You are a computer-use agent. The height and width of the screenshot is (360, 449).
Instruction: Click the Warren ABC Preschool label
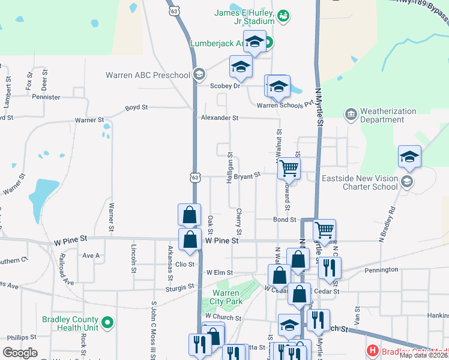(148, 75)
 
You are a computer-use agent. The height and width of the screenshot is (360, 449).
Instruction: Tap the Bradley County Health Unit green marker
(107, 323)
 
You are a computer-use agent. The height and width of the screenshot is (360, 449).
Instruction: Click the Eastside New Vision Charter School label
(360, 182)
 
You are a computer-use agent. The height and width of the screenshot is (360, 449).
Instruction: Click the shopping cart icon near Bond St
(324, 229)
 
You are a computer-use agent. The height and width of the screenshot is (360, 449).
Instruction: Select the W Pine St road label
(222, 240)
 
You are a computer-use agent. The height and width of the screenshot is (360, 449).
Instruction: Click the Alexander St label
(220, 118)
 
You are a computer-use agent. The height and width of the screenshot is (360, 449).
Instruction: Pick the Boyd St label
(136, 107)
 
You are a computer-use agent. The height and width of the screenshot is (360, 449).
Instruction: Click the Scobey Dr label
(224, 86)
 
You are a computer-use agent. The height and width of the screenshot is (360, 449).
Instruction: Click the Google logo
(20, 353)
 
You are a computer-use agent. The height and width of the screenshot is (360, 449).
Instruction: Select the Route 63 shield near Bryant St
(194, 178)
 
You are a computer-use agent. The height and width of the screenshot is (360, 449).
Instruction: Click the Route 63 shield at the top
(174, 11)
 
